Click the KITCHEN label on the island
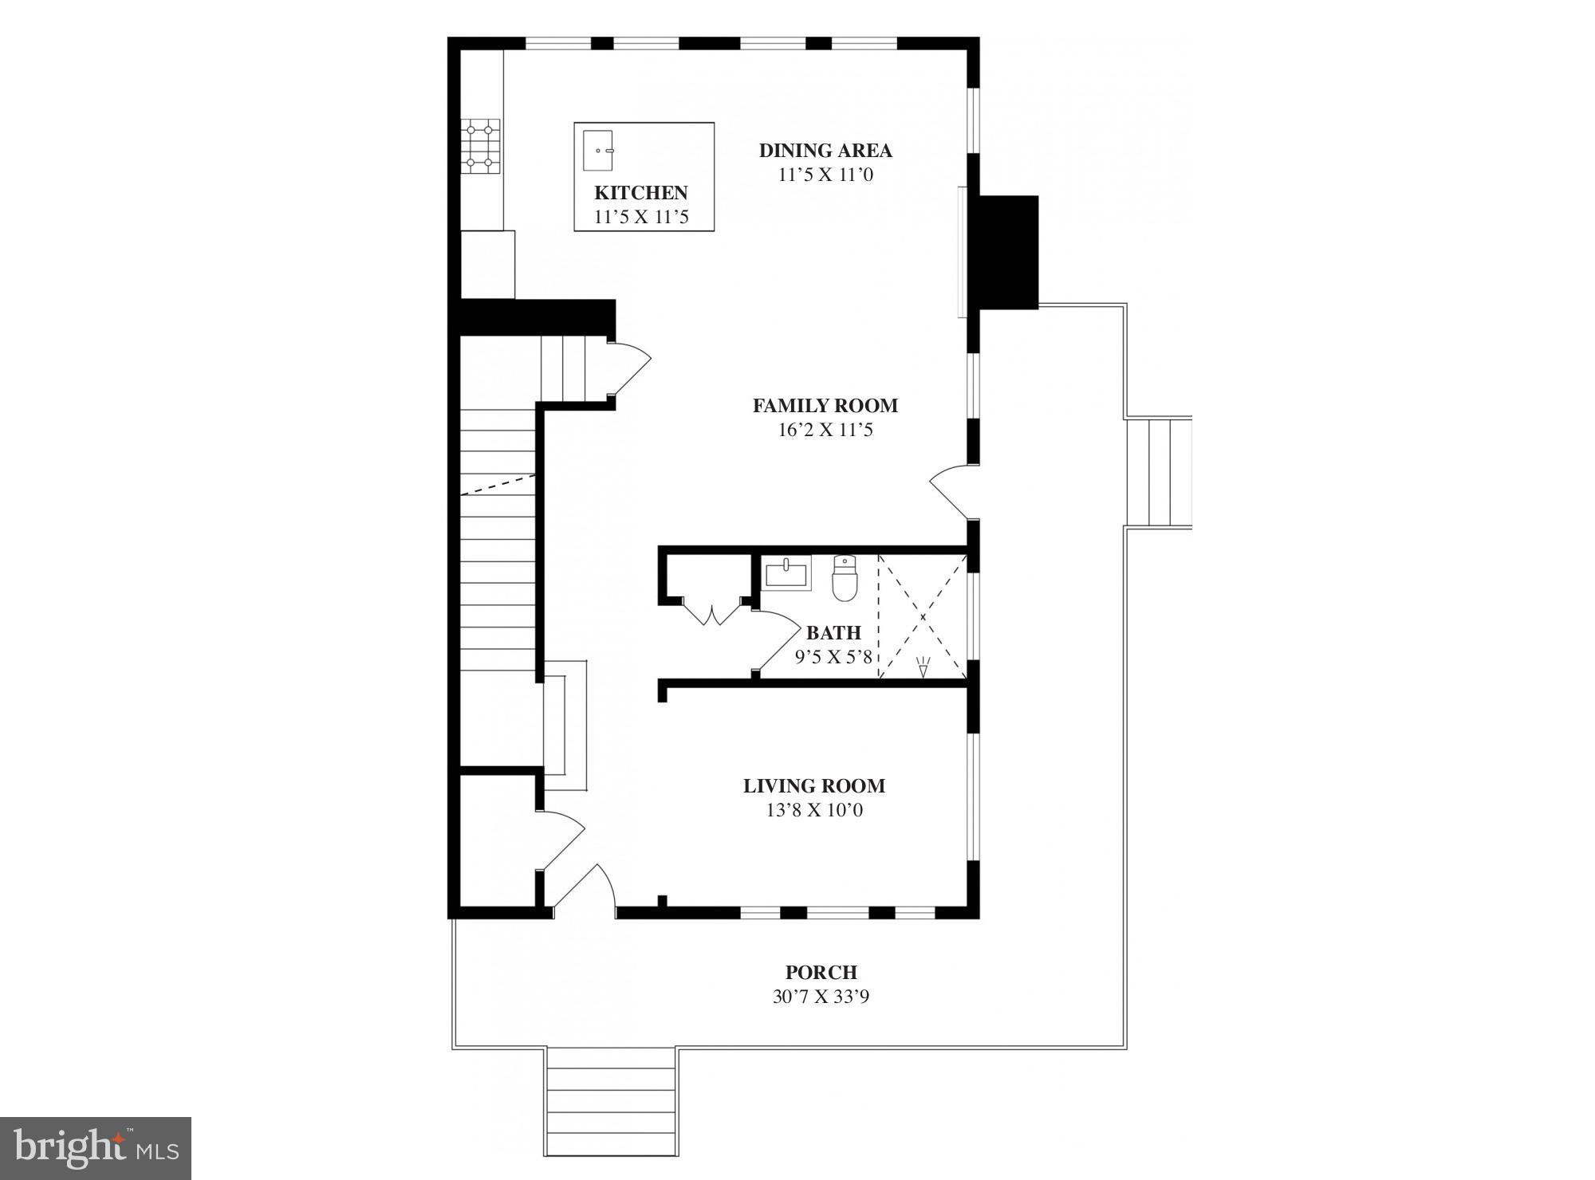pos(641,193)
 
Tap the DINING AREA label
pos(825,151)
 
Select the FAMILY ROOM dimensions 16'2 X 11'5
pos(825,431)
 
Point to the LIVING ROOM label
pos(814,786)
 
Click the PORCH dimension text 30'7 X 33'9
pos(821,997)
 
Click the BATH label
pos(833,633)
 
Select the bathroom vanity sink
pos(787,572)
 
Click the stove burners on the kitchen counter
pos(481,146)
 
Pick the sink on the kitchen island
pos(598,150)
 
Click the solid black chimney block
pos(1008,252)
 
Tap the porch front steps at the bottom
pos(611,1111)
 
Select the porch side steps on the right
pos(1158,472)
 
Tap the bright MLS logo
pos(95,1148)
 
